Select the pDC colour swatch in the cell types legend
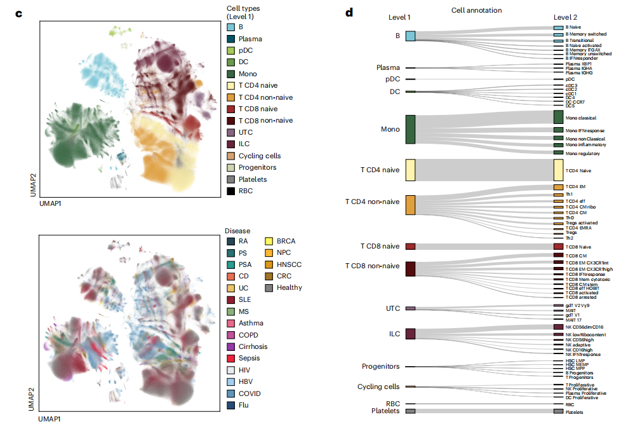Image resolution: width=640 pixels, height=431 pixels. click(x=231, y=50)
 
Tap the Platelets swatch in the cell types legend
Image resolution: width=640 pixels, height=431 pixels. click(x=231, y=179)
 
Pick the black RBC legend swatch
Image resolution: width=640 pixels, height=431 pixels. click(x=231, y=191)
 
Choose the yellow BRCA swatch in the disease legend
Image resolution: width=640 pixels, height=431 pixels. click(x=270, y=242)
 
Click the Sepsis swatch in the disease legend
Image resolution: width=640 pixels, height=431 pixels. click(x=231, y=359)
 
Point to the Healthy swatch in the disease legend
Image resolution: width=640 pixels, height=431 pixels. click(x=270, y=287)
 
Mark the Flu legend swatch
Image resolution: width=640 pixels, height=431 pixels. click(x=231, y=405)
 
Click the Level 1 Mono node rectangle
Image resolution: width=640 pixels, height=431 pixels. click(x=410, y=129)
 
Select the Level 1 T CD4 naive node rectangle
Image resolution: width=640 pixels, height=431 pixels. click(x=410, y=170)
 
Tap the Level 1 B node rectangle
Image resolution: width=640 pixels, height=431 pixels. click(x=410, y=36)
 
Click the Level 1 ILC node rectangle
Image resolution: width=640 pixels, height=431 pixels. click(x=410, y=333)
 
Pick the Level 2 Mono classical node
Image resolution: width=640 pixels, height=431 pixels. click(x=558, y=118)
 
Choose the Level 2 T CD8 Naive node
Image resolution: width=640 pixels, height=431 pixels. click(x=558, y=246)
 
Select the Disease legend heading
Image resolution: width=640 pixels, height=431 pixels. click(x=237, y=230)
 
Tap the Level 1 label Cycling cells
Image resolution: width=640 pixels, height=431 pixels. click(x=378, y=387)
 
